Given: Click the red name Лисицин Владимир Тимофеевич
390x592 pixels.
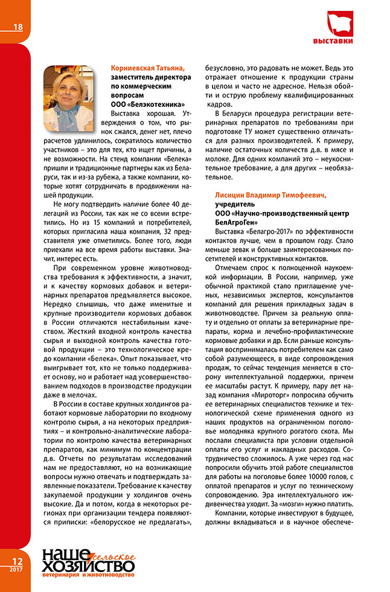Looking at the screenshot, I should (x=271, y=196).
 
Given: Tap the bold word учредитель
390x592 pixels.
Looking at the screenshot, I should (x=234, y=205).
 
